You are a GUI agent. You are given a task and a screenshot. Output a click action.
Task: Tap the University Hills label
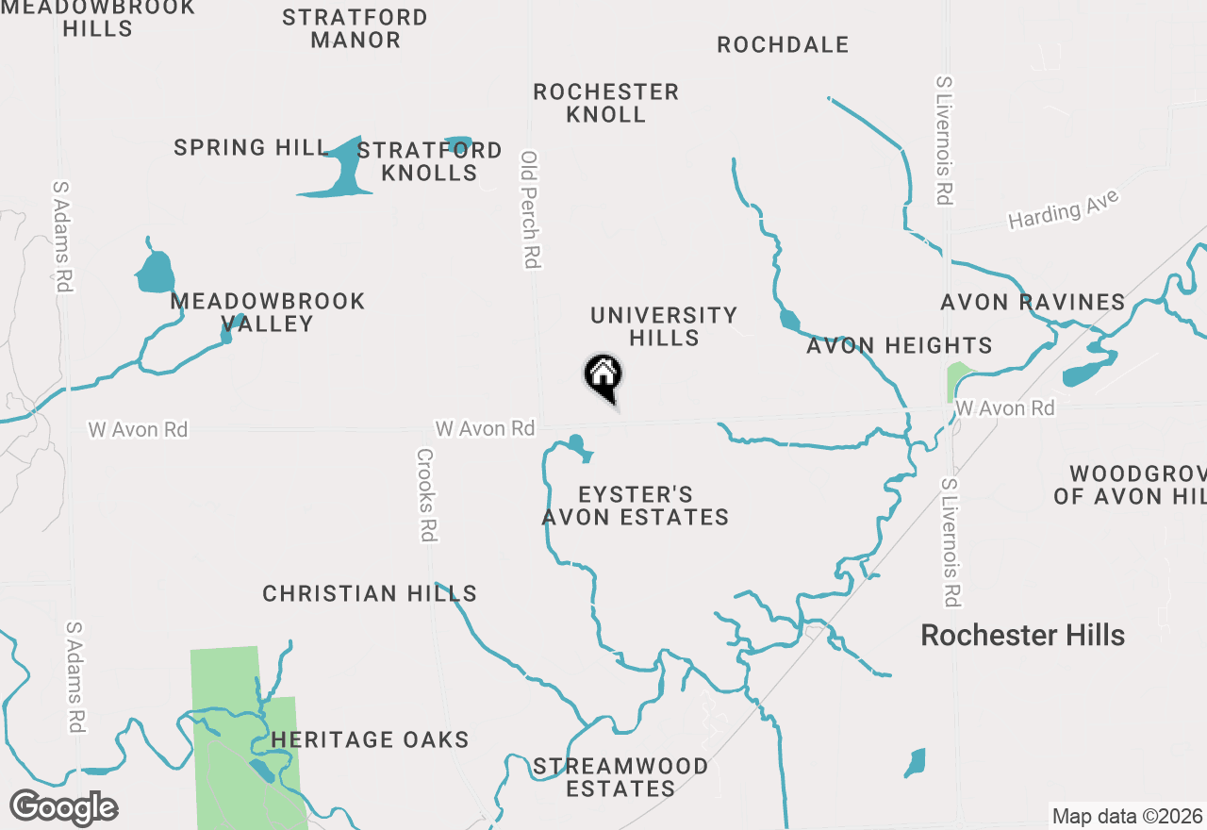pos(664,326)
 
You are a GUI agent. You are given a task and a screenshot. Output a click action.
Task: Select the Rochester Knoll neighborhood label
pos(605,103)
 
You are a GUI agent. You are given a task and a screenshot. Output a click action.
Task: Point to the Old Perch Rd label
pos(531,209)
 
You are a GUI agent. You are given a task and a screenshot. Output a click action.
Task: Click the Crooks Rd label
pos(426,494)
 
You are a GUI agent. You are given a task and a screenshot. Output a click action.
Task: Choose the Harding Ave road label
pos(1063,209)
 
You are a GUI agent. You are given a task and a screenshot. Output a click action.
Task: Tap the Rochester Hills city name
pos(1022,635)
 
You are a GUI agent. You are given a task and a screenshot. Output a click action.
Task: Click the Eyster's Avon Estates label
pos(636,506)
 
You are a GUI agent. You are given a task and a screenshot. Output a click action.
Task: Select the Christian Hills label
pos(370,593)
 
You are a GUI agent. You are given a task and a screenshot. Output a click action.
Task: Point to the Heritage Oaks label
pos(370,739)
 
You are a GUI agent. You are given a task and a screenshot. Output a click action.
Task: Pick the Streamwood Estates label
pos(620,777)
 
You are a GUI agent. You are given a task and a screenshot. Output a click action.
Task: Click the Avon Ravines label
pos(1033,303)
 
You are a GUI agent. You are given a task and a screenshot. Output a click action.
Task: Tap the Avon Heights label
pos(900,346)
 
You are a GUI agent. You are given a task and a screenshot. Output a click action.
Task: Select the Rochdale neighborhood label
pos(783,44)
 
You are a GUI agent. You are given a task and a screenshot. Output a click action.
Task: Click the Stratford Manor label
pos(355,28)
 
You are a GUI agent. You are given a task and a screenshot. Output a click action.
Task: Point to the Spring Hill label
pos(251,148)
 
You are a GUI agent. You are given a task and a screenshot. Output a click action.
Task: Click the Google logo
pos(63,807)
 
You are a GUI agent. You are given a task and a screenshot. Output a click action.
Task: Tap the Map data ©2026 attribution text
pos(1127,816)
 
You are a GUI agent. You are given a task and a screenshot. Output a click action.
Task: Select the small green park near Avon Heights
pos(957,382)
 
